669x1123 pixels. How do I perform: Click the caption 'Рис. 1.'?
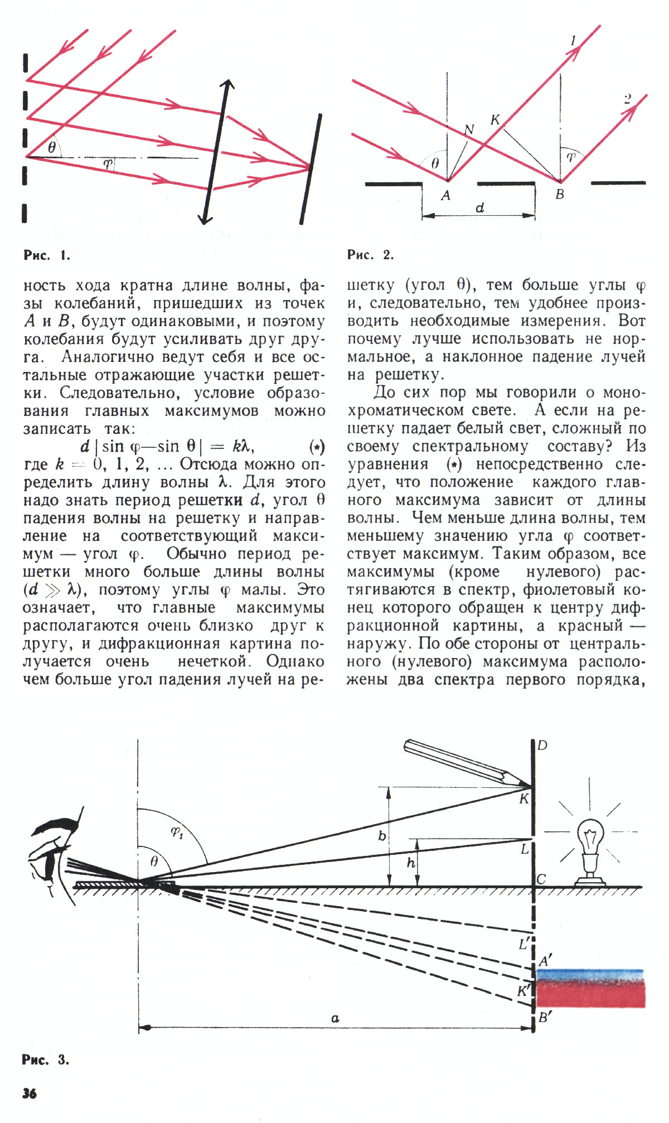pyautogui.click(x=47, y=255)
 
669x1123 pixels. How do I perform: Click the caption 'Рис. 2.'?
pyautogui.click(x=370, y=255)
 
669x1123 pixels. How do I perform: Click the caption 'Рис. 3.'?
pyautogui.click(x=46, y=1059)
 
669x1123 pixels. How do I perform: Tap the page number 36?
pyautogui.click(x=30, y=1093)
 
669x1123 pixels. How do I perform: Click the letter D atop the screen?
pyautogui.click(x=542, y=746)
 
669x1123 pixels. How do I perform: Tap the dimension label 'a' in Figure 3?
pyautogui.click(x=335, y=1018)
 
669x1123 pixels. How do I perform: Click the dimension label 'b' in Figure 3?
pyautogui.click(x=382, y=836)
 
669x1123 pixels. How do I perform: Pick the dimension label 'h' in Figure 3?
pyautogui.click(x=411, y=863)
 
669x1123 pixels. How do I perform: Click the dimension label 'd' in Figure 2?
pyautogui.click(x=479, y=208)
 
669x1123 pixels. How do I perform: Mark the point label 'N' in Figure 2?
pyautogui.click(x=469, y=130)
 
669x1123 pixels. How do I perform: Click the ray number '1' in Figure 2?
pyautogui.click(x=573, y=41)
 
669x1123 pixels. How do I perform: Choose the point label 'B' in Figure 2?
pyautogui.click(x=560, y=194)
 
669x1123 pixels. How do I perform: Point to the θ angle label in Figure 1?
pyautogui.click(x=52, y=148)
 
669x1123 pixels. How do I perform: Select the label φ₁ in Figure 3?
pyautogui.click(x=177, y=833)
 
